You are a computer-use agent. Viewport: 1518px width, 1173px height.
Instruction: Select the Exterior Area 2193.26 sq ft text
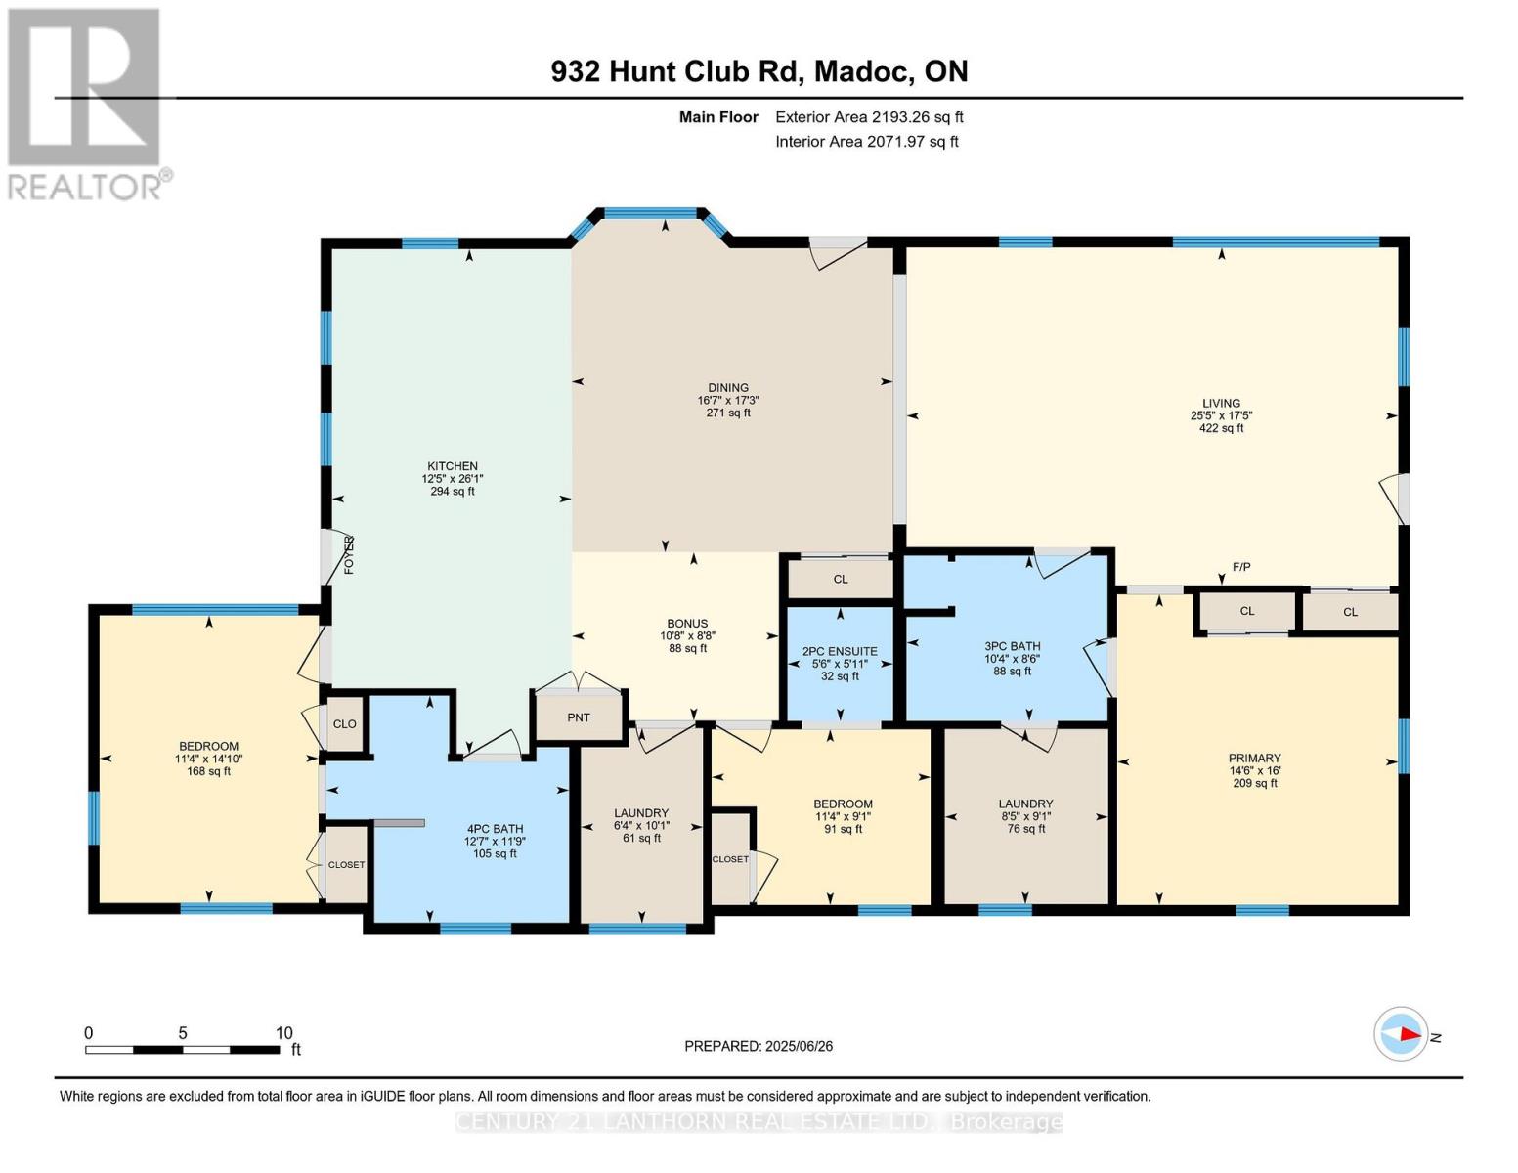pos(869,117)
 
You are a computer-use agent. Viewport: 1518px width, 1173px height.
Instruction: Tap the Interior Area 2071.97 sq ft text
pos(866,142)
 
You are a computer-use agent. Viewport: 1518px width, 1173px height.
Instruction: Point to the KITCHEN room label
pos(452,466)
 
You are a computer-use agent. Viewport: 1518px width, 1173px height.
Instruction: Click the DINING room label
pos(728,388)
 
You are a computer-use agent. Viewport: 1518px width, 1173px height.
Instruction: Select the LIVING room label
pos(1221,403)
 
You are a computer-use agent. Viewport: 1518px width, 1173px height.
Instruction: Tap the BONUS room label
pos(687,624)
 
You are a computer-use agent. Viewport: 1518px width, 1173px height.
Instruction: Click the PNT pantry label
pos(579,717)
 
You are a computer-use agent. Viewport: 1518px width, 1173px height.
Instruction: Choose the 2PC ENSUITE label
pos(840,651)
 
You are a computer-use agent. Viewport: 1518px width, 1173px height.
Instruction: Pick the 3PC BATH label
pos(1012,646)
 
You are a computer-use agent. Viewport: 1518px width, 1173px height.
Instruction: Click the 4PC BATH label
pos(494,828)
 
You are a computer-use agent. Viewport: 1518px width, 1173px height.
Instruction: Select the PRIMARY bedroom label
pos(1254,758)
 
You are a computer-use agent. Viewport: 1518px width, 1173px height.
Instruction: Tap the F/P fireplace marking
pos(1241,567)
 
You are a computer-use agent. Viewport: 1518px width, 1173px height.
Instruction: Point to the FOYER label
pos(348,554)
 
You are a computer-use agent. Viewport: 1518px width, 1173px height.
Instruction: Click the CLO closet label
pos(345,724)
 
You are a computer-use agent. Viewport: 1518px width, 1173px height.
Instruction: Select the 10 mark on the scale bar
pos(283,1033)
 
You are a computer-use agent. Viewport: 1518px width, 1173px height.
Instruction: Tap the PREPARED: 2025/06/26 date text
pos(759,1046)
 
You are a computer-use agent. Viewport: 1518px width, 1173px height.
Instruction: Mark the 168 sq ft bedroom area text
pos(208,771)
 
